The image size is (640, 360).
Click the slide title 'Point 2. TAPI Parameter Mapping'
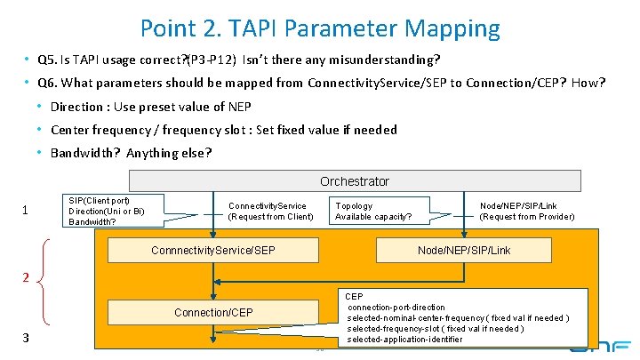[320, 28]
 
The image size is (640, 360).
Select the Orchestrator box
[354, 181]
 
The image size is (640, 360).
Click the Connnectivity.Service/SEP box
[213, 251]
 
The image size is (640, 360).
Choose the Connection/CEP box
[213, 312]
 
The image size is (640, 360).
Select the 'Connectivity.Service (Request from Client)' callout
[270, 211]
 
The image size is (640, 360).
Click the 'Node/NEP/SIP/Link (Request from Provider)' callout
[526, 211]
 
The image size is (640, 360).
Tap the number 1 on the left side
[26, 211]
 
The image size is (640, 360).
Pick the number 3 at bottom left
[26, 338]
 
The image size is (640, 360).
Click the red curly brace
[47, 279]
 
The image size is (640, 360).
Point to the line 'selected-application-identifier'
[404, 340]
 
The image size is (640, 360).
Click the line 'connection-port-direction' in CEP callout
[396, 307]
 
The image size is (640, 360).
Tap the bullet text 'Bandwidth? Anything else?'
[131, 152]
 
